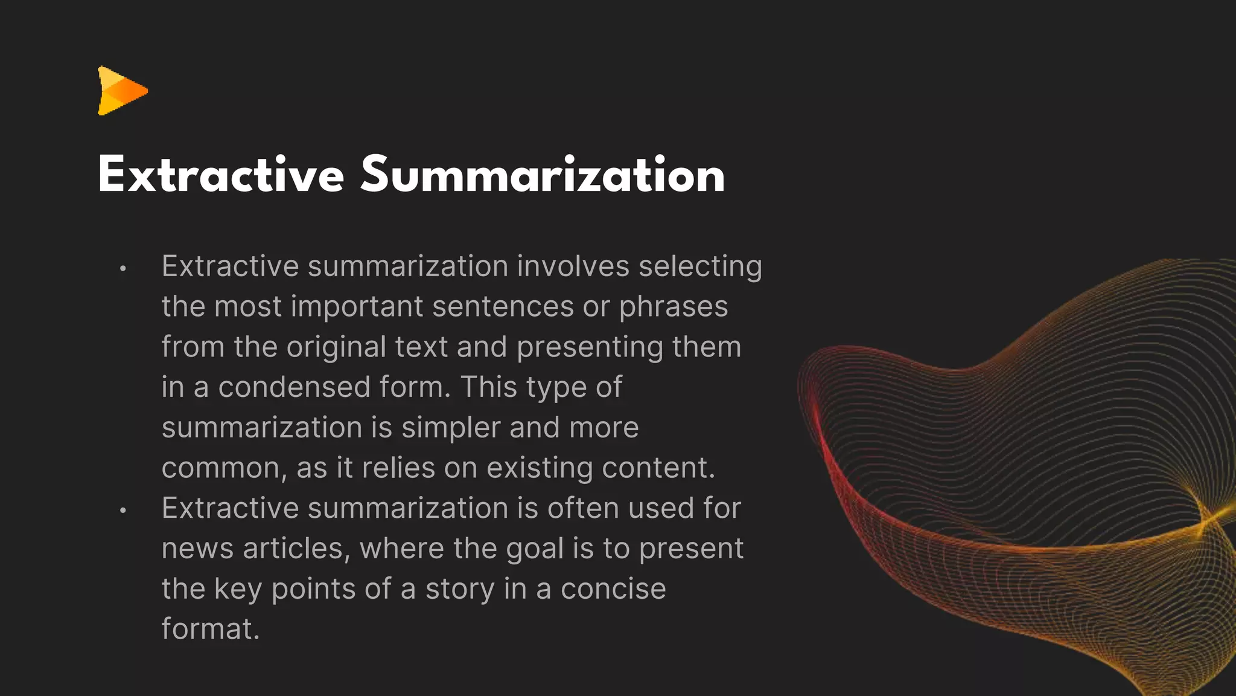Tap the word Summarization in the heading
[543, 175]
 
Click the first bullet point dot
[123, 268]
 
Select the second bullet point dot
[123, 511]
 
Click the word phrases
[674, 307]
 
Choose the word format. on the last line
[210, 629]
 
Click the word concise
[613, 589]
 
